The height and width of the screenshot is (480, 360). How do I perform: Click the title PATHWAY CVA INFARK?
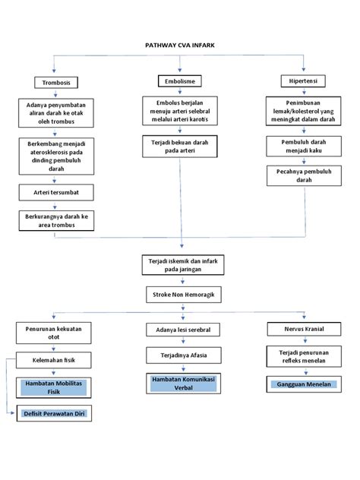pyautogui.click(x=180, y=45)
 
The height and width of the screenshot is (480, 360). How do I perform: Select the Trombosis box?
pyautogui.click(x=56, y=82)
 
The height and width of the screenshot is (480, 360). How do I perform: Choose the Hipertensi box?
pyautogui.click(x=304, y=81)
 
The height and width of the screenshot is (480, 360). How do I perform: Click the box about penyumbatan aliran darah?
pyautogui.click(x=56, y=113)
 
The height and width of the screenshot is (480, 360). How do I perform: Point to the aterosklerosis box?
pyautogui.click(x=56, y=156)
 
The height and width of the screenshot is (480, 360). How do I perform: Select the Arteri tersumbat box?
pyautogui.click(x=56, y=193)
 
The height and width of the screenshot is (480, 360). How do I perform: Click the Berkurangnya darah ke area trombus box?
pyautogui.click(x=56, y=220)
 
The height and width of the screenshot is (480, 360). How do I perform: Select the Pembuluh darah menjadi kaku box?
pyautogui.click(x=304, y=146)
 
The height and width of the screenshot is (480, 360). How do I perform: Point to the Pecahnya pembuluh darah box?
pyautogui.click(x=304, y=175)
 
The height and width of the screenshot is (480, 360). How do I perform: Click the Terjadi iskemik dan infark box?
pyautogui.click(x=180, y=264)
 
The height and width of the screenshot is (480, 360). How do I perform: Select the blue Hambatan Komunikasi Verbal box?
pyautogui.click(x=182, y=382)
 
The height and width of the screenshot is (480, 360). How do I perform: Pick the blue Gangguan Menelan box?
pyautogui.click(x=303, y=385)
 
